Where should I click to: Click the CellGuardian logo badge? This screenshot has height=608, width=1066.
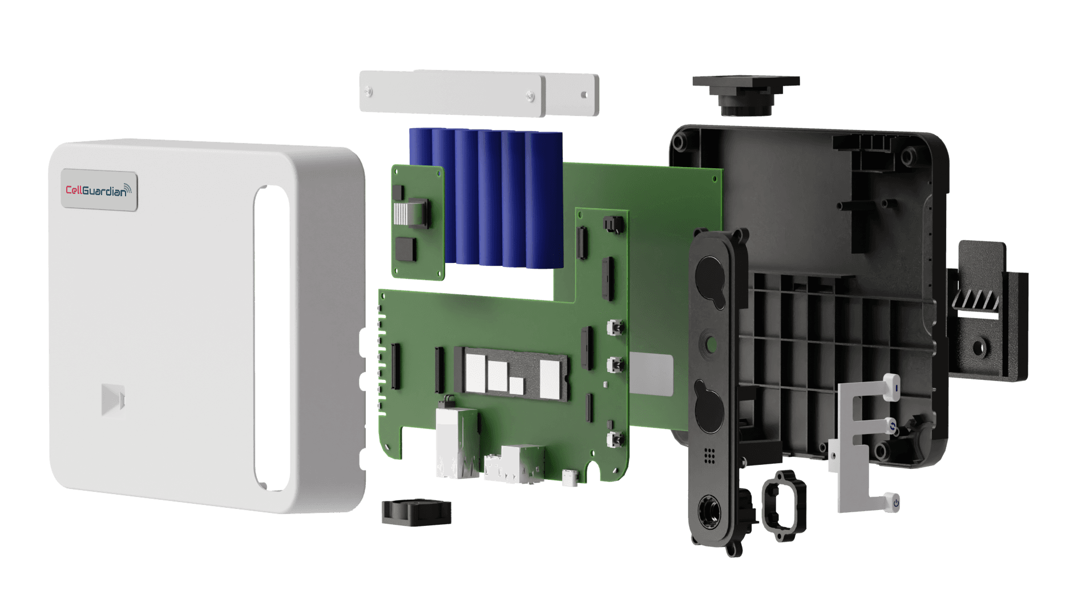pyautogui.click(x=99, y=190)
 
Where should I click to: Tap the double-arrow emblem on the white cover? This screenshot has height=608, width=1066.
pyautogui.click(x=112, y=399)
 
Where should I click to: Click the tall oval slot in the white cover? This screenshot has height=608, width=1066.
pyautogui.click(x=272, y=337)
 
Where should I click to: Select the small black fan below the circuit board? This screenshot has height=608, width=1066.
pyautogui.click(x=415, y=512)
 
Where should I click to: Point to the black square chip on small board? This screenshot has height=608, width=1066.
pyautogui.click(x=406, y=249)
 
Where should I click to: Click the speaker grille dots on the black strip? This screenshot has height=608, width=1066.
pyautogui.click(x=709, y=455)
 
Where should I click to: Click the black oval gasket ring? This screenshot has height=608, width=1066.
pyautogui.click(x=785, y=505)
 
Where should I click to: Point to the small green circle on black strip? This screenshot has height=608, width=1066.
pyautogui.click(x=711, y=344)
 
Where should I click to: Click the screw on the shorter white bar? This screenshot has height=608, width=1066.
pyautogui.click(x=584, y=95)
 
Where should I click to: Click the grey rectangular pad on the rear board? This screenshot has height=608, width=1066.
pyautogui.click(x=651, y=374)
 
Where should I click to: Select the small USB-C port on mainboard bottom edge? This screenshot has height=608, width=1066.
pyautogui.click(x=570, y=477)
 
